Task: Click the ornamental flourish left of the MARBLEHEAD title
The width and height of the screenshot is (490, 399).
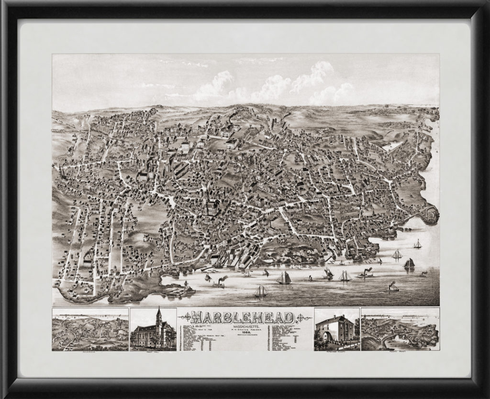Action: pos(185,317)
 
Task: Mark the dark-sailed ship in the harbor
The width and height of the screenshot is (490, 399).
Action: pos(409,264)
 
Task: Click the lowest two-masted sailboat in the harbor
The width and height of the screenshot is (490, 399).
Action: pos(260,291)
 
